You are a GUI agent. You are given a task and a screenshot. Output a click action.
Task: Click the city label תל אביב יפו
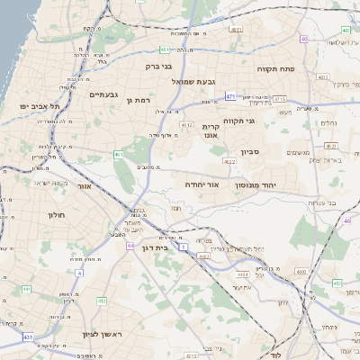point(40,105)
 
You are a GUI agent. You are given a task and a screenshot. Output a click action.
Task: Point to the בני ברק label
point(158,66)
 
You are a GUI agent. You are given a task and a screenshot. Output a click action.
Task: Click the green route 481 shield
point(165,49)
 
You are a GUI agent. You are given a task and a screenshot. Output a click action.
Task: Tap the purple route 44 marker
point(130,244)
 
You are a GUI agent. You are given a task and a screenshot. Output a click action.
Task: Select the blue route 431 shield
point(28,337)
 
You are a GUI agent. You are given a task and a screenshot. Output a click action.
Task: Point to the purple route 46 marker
point(346,220)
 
